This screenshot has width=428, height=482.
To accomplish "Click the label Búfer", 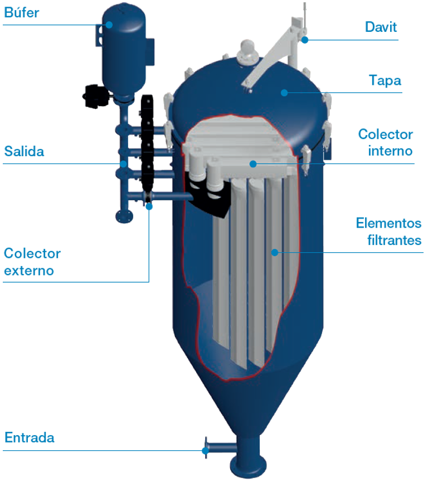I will (22, 13).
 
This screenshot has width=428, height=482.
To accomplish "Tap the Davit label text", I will (381, 26).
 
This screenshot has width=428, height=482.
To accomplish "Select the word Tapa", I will (385, 80).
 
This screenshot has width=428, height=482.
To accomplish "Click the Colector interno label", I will (386, 142).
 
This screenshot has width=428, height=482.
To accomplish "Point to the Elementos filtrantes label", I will (389, 232).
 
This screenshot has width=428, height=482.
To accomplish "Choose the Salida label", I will (24, 152).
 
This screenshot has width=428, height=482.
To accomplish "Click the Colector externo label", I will (32, 262).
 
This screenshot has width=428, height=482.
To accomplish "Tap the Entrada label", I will (30, 438).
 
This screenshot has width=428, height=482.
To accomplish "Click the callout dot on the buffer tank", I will (110, 25).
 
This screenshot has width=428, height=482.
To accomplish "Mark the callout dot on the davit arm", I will (305, 40).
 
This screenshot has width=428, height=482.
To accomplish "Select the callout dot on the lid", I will (284, 92).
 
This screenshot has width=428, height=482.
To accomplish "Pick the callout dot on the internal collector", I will (253, 163).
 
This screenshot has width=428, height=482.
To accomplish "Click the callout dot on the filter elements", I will (274, 252).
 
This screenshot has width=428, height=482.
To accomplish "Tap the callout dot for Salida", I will (123, 163).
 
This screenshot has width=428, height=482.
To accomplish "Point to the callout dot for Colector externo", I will (149, 206).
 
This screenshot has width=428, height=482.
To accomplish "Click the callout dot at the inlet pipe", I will (206, 450).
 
